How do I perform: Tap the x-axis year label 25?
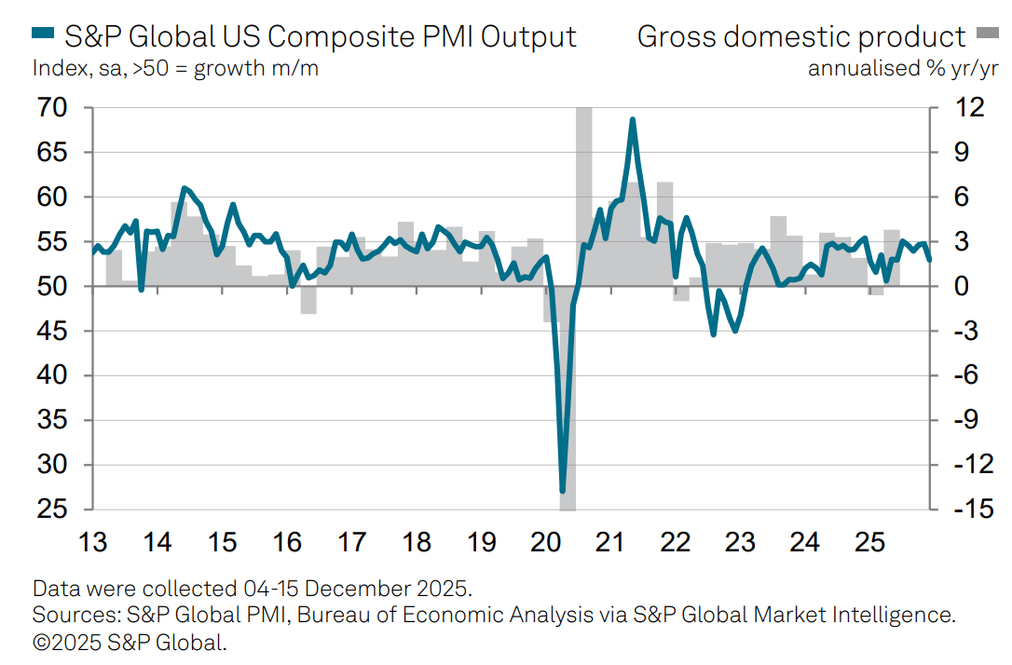(868, 541)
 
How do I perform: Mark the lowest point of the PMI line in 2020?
(563, 490)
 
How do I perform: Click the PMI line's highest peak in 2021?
(633, 120)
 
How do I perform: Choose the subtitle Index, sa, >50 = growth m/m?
(175, 68)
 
